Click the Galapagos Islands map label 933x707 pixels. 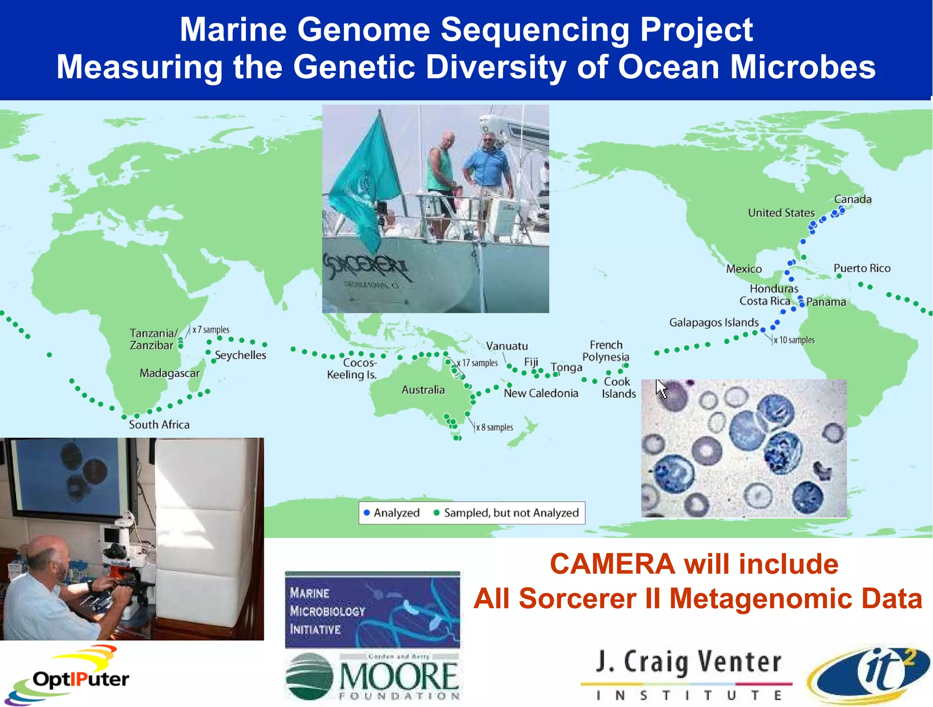coord(713,323)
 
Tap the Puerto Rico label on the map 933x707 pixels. coord(861,268)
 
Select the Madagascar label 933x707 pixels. coord(169,373)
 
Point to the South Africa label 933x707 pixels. coord(159,425)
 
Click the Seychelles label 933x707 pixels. coord(240,355)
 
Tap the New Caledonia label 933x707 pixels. coord(541,393)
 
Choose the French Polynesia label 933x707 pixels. coord(605,351)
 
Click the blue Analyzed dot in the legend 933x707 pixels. coord(367,513)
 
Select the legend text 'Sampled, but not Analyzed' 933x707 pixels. coord(511,513)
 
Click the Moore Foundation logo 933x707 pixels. coord(373,676)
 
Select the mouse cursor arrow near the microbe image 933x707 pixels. coord(661,388)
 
